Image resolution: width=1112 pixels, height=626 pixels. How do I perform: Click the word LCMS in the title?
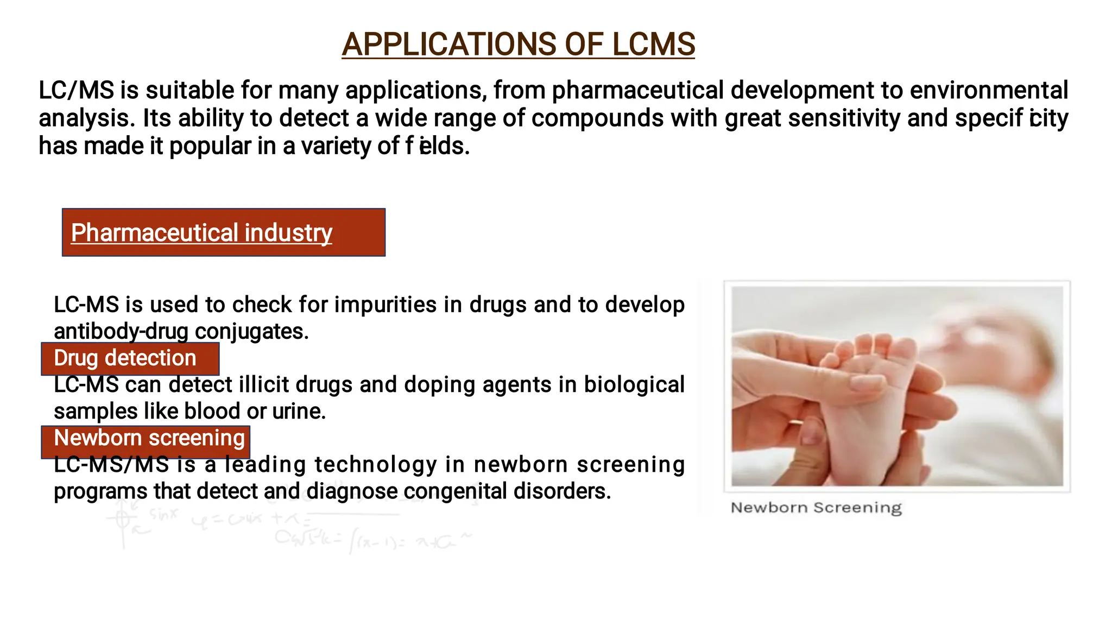653,45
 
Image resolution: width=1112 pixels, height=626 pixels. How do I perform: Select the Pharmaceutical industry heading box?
223,232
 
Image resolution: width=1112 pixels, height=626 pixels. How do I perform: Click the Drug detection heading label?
125,358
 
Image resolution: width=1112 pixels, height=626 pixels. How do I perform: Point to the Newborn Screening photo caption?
816,508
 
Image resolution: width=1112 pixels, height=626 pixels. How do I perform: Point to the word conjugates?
251,331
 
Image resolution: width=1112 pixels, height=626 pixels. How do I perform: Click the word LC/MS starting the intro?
76,90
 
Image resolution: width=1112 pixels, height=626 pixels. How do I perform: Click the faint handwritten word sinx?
163,514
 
